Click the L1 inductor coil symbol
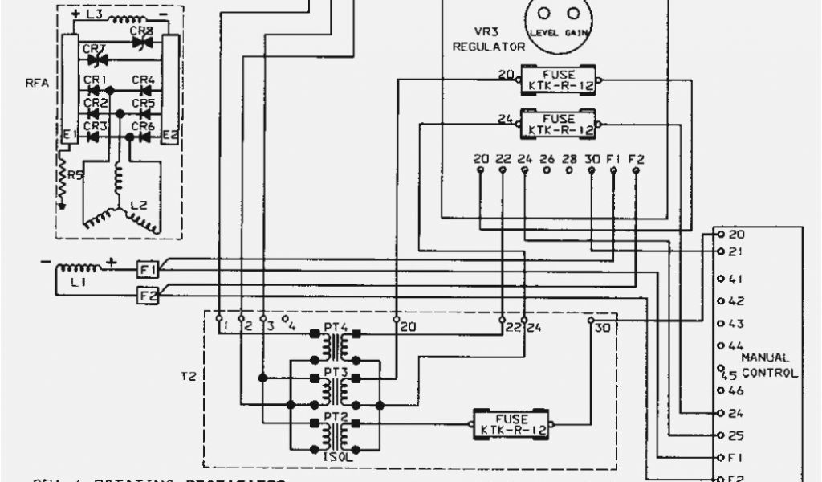coord(79,267)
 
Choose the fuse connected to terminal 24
coord(559,124)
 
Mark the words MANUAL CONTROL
coord(769,366)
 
